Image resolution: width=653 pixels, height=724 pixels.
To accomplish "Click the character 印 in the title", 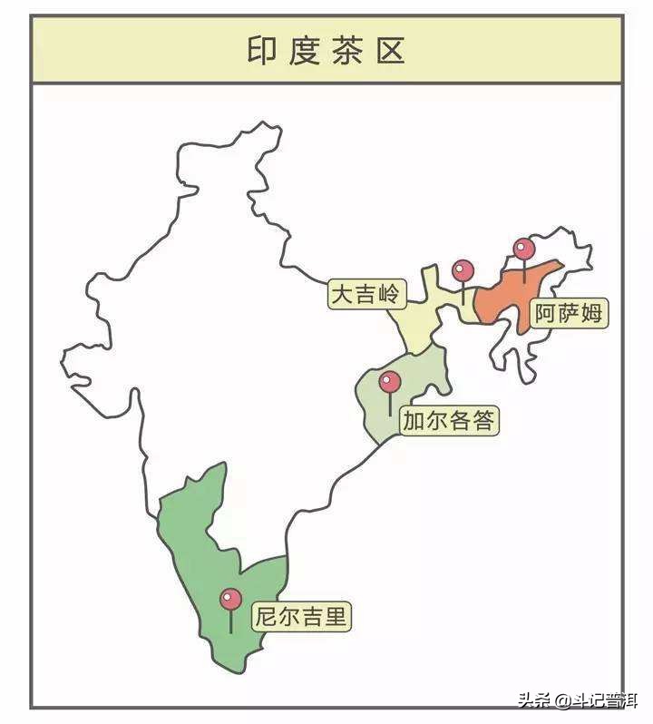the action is point(260,50).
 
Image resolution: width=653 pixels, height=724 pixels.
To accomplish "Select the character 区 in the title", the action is point(393,50).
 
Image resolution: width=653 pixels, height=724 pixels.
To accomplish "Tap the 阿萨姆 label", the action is point(568,314).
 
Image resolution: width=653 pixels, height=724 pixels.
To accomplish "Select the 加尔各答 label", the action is point(450,421).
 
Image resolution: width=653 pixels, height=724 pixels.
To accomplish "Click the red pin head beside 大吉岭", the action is point(463,270).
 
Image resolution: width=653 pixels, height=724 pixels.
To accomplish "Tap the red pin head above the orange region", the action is point(524,249).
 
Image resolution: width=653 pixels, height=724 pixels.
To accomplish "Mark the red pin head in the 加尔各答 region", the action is point(390,381).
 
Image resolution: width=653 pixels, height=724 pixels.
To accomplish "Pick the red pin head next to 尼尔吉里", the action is point(231,599).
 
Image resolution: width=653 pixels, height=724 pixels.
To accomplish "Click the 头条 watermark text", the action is point(536,700).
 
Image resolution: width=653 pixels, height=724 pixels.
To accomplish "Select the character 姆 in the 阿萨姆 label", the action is point(591,314).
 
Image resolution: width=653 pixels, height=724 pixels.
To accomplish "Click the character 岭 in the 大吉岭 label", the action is point(389,294).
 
